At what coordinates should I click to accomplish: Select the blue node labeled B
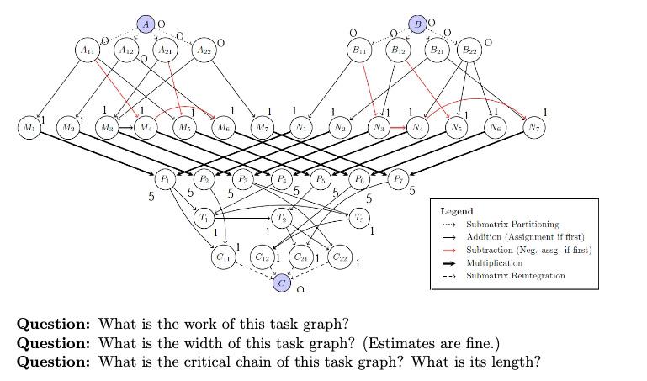417,24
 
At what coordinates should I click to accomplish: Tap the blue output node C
283,283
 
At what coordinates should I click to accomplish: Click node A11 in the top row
88,50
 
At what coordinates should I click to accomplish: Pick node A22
203,50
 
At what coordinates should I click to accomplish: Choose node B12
399,50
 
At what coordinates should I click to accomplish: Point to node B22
469,50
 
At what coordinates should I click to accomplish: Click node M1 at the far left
29,128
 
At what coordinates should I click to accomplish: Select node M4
146,128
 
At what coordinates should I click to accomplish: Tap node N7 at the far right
533,128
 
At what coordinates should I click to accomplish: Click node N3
379,128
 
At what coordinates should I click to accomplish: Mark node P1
164,178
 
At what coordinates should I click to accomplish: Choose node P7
399,178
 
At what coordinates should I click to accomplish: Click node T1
204,218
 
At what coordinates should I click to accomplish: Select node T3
359,218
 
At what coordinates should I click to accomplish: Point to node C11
223,257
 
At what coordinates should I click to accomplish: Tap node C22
340,257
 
